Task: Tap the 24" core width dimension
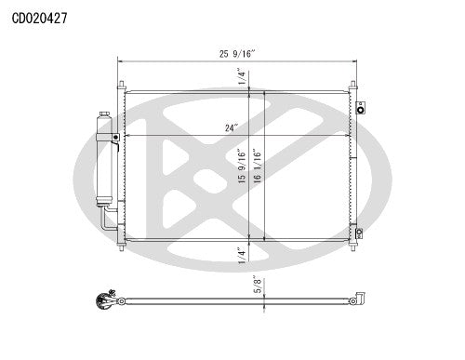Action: coord(229,127)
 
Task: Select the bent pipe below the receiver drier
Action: coord(109,220)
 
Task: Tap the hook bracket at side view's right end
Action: coord(355,299)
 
